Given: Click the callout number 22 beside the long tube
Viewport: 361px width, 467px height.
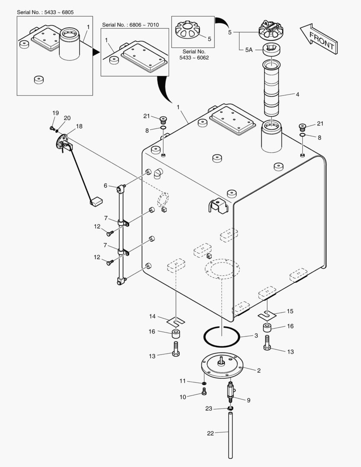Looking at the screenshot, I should [x=211, y=434].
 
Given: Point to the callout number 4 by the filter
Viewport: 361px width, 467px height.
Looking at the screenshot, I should [x=297, y=93].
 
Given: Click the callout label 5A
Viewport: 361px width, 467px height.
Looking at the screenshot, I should [x=249, y=50].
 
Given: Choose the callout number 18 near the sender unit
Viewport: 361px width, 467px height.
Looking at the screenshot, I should [x=79, y=126].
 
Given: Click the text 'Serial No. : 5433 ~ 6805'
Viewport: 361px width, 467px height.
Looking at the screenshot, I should [x=45, y=12].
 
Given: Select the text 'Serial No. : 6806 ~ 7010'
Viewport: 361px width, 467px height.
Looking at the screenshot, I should [x=130, y=25].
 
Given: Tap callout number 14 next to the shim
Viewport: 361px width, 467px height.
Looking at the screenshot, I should [x=152, y=317].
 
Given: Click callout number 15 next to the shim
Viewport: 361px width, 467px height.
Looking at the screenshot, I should [x=290, y=311].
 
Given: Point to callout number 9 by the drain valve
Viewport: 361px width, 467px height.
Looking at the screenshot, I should [x=249, y=400].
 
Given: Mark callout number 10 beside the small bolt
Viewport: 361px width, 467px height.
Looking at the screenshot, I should [x=183, y=397].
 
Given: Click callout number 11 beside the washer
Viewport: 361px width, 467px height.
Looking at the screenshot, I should [x=182, y=381].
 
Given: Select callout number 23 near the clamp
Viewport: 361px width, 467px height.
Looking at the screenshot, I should [x=209, y=408].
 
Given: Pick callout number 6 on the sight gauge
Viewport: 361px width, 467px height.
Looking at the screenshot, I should [x=105, y=186].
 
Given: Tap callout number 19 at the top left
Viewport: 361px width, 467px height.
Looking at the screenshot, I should [x=55, y=113].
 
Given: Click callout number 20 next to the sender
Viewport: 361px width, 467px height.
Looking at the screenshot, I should [x=67, y=118].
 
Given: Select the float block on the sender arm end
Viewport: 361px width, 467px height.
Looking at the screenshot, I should [x=96, y=200].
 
